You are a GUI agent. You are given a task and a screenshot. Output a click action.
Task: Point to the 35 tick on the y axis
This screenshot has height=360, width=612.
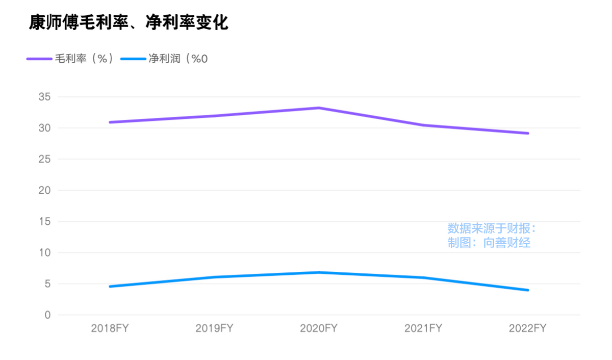45,97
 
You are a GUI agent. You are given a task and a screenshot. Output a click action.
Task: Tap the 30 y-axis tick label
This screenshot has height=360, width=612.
45,128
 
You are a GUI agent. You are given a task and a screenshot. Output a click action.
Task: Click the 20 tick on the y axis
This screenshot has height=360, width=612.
45,190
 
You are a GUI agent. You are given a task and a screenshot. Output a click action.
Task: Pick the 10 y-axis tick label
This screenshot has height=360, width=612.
45,252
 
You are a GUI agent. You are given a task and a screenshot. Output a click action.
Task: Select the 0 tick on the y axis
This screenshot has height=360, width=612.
47,315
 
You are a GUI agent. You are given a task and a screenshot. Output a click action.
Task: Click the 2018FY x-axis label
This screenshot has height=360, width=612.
110,328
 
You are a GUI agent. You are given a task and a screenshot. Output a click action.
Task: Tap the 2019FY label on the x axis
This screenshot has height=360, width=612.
214,328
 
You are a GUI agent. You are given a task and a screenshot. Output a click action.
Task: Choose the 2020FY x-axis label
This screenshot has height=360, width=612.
319,328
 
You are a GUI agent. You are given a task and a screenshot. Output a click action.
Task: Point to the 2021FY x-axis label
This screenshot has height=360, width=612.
423,328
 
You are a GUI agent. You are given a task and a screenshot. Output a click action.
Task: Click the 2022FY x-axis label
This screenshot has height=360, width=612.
527,328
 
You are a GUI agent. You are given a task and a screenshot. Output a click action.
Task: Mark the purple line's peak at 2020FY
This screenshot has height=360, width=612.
319,108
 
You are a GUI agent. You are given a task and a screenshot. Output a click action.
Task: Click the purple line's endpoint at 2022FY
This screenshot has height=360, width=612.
527,133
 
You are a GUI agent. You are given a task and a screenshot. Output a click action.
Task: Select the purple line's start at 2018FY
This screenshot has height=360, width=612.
110,122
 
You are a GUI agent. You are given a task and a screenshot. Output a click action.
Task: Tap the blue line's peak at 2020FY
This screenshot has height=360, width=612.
319,272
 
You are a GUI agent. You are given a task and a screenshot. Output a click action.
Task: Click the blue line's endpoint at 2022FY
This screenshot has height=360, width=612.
527,290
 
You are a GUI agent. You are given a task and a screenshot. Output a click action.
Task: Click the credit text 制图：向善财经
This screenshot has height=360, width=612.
489,243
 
